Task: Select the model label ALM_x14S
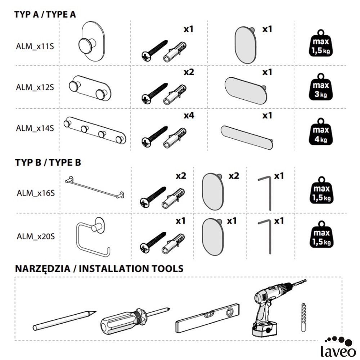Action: coord(35,128)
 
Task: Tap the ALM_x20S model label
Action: coord(36,237)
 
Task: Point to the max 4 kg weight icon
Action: coord(321,131)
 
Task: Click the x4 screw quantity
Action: coord(189,116)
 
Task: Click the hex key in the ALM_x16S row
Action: coord(266,193)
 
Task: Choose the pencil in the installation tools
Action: coord(65,319)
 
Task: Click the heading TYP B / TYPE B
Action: coord(48,162)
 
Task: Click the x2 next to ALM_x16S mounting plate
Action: coord(234,176)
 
